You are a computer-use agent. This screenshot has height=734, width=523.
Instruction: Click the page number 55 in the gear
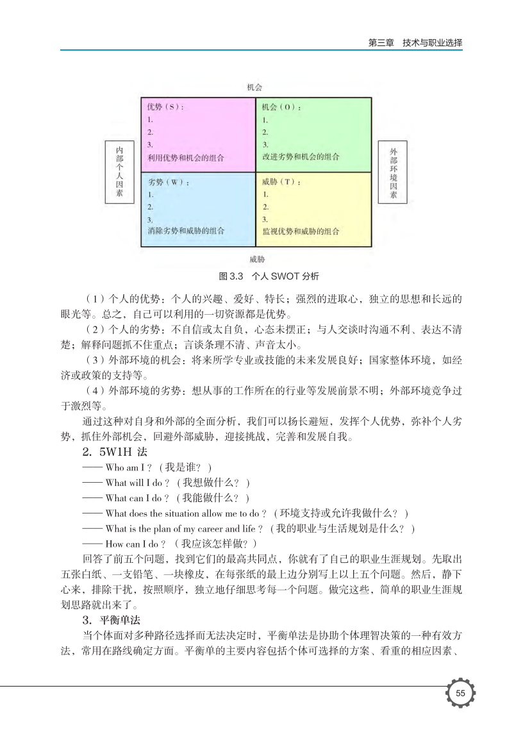(x=460, y=692)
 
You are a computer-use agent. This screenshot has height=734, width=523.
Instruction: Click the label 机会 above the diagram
(x=255, y=87)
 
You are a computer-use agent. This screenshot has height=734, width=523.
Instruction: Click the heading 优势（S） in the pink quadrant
(x=165, y=107)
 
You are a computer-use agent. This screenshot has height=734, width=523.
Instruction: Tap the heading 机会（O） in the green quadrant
(x=282, y=107)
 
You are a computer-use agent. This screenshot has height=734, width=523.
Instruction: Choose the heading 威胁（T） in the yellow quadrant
(x=281, y=182)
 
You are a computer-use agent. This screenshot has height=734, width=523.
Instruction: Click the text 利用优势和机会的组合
(x=186, y=157)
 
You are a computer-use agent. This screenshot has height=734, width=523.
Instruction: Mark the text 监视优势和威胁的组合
(x=301, y=231)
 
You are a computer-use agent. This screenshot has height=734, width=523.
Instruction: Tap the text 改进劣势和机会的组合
(x=301, y=157)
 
